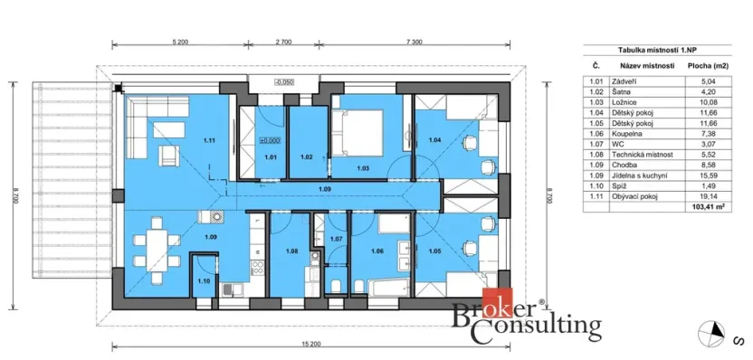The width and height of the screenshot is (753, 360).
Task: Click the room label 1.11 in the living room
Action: tap(209, 140)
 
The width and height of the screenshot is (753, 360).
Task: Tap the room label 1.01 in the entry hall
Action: tap(270, 157)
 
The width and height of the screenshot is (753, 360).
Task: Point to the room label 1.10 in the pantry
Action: tap(204, 281)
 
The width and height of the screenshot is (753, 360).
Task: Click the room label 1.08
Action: tap(291, 251)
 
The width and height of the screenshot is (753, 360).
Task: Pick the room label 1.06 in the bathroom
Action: tap(378, 251)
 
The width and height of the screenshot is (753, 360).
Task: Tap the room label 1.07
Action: tap(336, 239)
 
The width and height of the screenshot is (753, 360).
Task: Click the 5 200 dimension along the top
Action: tap(178, 42)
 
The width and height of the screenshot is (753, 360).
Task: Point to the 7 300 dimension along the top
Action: tap(415, 42)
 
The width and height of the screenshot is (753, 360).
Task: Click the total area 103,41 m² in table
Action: tap(710, 206)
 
